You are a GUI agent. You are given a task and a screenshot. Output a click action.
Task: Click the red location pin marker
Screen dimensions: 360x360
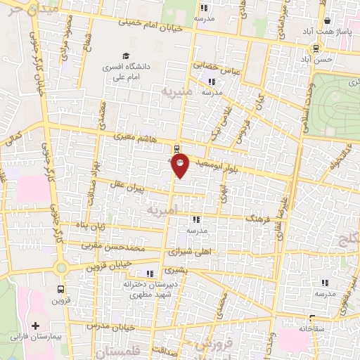(x=181, y=165)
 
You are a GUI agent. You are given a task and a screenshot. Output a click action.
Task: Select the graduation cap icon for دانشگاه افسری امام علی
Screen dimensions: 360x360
(x=125, y=56)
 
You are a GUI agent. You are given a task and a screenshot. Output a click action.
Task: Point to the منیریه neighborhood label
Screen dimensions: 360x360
(x=174, y=91)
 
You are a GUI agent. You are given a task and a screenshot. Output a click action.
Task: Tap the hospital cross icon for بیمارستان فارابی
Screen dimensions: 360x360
(x=36, y=326)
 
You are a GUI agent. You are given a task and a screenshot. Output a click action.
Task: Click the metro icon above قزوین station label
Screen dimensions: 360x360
(x=61, y=288)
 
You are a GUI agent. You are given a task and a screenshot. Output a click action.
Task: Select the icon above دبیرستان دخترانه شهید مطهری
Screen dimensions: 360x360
(x=149, y=274)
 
